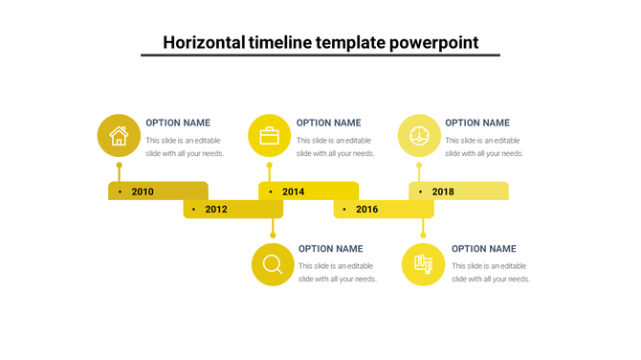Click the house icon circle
pyautogui.click(x=119, y=135)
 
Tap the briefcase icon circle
pyautogui.click(x=269, y=135)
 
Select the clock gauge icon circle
pyautogui.click(x=419, y=135)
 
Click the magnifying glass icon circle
pyautogui.click(x=273, y=264)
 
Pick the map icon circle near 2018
pyautogui.click(x=423, y=264)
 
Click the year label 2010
pyautogui.click(x=143, y=191)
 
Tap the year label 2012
pyautogui.click(x=216, y=209)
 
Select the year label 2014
pyautogui.click(x=293, y=191)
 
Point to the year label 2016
pyautogui.click(x=366, y=209)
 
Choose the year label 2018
pyautogui.click(x=443, y=191)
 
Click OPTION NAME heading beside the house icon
pyautogui.click(x=178, y=123)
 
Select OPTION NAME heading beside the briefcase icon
pyautogui.click(x=328, y=123)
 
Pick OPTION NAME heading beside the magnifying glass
pyautogui.click(x=331, y=249)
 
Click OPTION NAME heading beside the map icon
pyautogui.click(x=483, y=249)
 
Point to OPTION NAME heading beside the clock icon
pyautogui.click(x=477, y=123)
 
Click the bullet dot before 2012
pyautogui.click(x=194, y=209)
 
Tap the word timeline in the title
pyautogui.click(x=278, y=42)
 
